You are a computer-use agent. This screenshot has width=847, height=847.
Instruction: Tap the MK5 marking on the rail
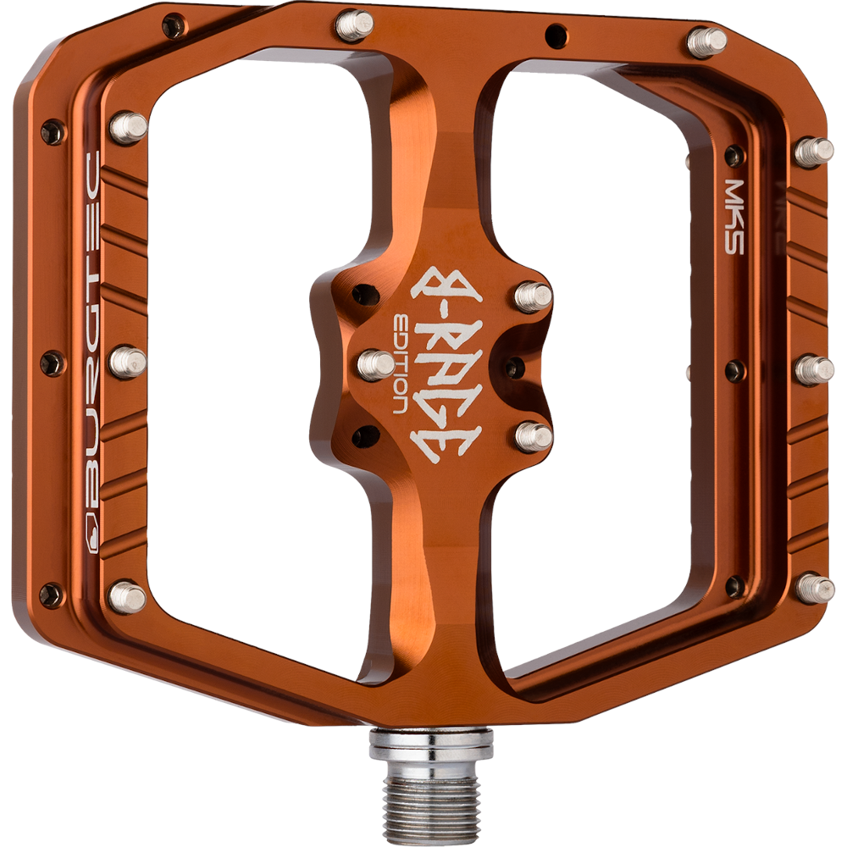pos(734,216)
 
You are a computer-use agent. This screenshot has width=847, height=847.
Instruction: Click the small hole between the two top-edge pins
pos(556,36)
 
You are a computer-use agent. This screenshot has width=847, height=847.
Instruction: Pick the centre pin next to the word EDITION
pos(377,363)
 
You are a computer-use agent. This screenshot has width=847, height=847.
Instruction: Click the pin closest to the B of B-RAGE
pos(533,296)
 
